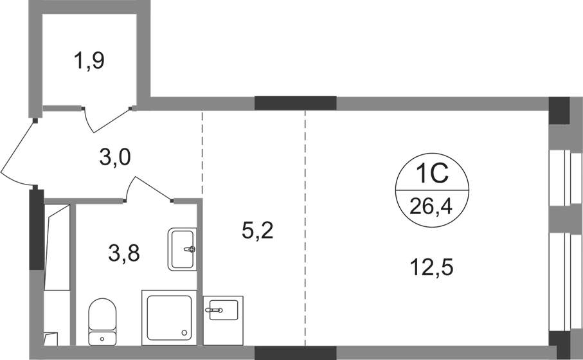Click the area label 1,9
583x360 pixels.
click(89, 60)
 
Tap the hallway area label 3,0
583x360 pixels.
click(115, 157)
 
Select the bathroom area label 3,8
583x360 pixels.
click(124, 253)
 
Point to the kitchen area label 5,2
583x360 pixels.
click(257, 231)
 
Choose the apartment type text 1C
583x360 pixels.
click(432, 174)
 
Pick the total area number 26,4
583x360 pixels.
click(431, 206)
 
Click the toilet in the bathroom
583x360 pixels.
click(102, 321)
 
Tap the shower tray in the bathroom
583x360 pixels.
click(169, 318)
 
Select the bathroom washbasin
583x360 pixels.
click(182, 249)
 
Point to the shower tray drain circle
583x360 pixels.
click(183, 333)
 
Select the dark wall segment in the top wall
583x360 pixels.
click(296, 103)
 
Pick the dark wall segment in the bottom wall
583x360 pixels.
click(296, 353)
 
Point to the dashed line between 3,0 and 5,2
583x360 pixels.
click(202, 152)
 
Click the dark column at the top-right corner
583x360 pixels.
click(559, 111)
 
